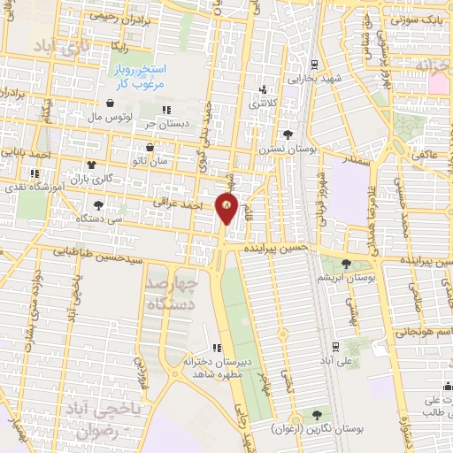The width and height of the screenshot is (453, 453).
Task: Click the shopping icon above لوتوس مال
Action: [109, 103]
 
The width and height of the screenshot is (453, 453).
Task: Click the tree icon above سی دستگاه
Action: [97, 204]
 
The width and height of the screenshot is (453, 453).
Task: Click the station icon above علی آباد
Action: [334, 347]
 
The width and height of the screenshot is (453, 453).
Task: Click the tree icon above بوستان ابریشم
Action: [346, 264]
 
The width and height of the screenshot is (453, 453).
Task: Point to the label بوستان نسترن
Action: [287, 149]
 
